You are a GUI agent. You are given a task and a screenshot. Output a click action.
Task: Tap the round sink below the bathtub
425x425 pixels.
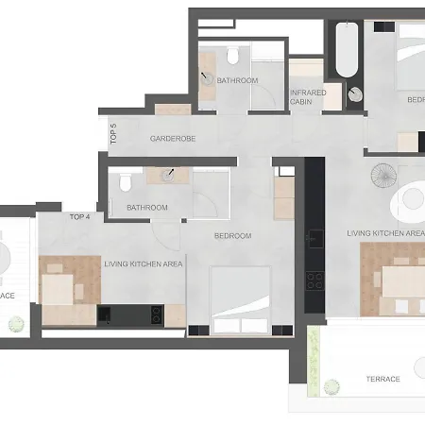(355, 93)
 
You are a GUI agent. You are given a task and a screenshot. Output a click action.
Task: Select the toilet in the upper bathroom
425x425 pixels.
(232, 58)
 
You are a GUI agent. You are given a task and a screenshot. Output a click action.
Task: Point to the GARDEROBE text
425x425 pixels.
(172, 139)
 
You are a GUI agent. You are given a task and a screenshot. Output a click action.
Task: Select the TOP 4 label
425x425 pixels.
(80, 216)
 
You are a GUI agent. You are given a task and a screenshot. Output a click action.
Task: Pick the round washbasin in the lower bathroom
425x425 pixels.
(167, 174)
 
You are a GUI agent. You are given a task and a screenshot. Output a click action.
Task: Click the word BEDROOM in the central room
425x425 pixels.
(232, 235)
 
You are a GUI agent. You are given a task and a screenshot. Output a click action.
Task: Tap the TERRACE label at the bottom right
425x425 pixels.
(382, 379)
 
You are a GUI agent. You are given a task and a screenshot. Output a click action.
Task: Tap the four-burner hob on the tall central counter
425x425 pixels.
(314, 279)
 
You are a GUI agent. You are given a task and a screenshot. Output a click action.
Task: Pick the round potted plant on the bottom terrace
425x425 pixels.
(330, 385)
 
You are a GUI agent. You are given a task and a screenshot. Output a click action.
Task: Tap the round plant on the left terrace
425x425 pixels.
(14, 325)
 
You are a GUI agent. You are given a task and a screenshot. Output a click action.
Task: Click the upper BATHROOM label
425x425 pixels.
(237, 80)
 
